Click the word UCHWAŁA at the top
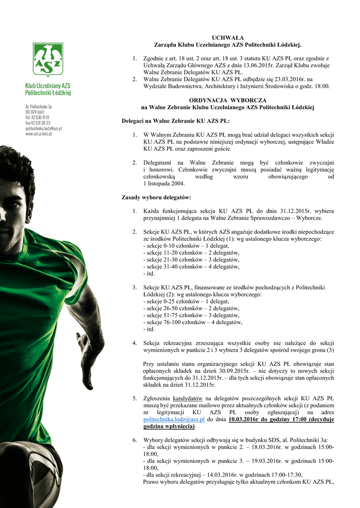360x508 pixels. tap(227, 38)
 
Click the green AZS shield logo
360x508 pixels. tap(48, 58)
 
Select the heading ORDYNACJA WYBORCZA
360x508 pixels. tap(227, 100)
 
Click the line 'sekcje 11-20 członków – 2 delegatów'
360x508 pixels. tap(191, 253)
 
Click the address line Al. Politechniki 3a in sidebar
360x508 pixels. tap(39, 107)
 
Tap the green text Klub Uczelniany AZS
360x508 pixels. tap(48, 85)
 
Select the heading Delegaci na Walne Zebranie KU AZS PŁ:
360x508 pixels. tap(176, 121)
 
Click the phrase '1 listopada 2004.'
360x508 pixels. tap(163, 184)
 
